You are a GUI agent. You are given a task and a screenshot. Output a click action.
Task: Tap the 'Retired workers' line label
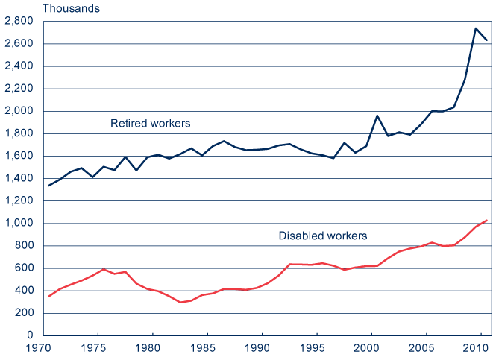tap(150, 123)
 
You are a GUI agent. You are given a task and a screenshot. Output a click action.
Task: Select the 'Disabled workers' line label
tap(322, 236)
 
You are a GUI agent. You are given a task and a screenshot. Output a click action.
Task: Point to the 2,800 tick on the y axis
tap(19, 22)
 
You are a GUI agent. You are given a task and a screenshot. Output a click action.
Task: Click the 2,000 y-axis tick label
tap(19, 111)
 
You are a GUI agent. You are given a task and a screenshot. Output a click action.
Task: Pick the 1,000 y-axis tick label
tap(19, 223)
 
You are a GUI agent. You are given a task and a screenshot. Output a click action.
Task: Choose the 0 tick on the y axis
tap(31, 335)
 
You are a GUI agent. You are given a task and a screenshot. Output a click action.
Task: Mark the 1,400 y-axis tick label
tap(19, 178)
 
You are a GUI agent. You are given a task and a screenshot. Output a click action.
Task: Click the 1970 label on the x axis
tap(43, 348)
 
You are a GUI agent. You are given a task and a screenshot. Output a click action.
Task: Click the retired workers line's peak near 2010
tap(476, 28)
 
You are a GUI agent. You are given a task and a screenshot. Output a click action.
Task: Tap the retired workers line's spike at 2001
tap(377, 116)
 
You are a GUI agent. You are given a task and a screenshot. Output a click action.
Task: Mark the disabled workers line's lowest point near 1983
tap(180, 302)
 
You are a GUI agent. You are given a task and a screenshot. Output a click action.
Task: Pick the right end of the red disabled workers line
tap(486, 220)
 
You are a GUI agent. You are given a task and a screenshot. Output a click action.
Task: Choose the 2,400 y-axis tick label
tap(19, 66)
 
